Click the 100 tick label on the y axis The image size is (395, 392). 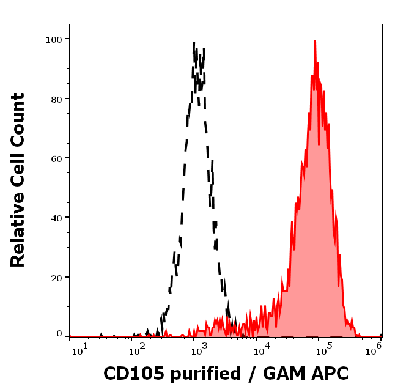[54, 39]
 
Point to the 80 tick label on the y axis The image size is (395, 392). [56, 98]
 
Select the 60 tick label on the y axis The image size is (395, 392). [56, 158]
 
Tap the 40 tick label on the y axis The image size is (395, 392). [56, 218]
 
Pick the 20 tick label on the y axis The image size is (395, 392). [56, 278]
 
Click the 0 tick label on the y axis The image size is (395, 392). [59, 334]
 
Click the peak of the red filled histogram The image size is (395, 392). [315, 42]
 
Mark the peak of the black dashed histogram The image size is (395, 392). [194, 43]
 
